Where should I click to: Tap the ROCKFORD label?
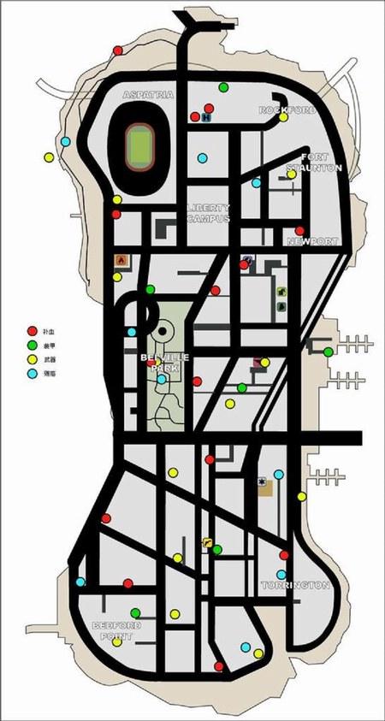click(287, 110)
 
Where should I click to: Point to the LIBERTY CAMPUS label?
click(208, 213)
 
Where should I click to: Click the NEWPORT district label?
click(312, 242)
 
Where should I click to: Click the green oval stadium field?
click(137, 145)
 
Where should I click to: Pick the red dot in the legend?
click(32, 330)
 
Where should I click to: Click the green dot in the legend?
click(32, 345)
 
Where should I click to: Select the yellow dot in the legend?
click(32, 359)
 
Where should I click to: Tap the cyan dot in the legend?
click(32, 374)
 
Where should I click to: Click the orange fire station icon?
click(120, 259)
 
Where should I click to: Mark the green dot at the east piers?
click(328, 352)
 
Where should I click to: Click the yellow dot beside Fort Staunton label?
click(291, 174)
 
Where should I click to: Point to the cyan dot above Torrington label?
click(281, 575)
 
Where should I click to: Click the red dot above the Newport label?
click(299, 231)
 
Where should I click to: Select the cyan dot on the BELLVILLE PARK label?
click(161, 379)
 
